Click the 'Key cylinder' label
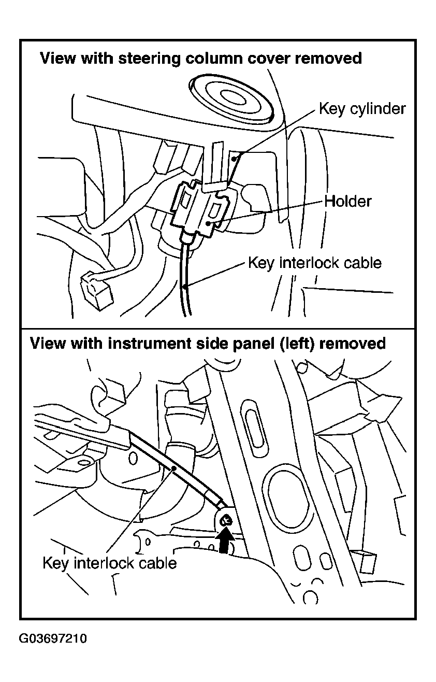point(362,109)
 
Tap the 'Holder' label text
point(348,201)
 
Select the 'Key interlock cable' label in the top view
point(315,263)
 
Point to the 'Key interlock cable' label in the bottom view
point(110,563)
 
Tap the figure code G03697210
point(53,638)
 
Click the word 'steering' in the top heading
point(149,59)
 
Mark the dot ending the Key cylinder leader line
point(234,159)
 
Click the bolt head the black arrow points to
point(225,521)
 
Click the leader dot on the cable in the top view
point(185,286)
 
